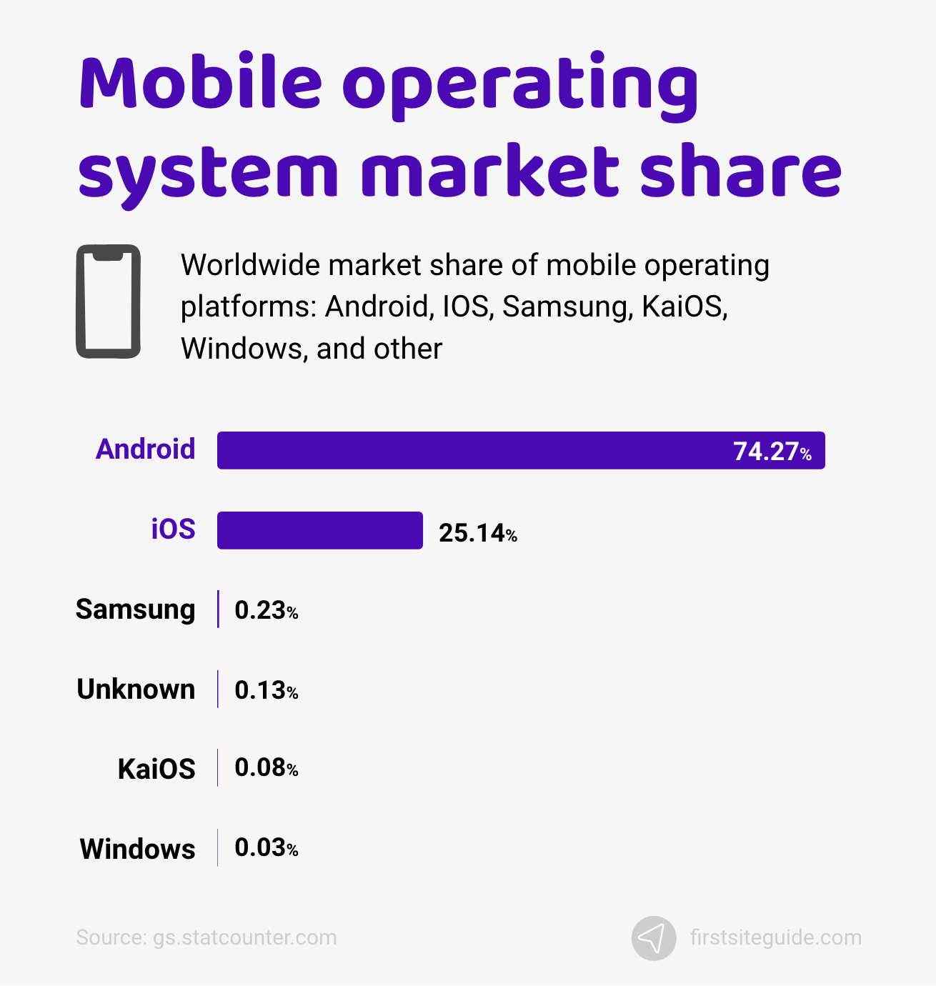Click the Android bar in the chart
click(472, 451)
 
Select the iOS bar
click(319, 531)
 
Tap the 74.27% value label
click(772, 452)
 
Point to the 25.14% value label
click(477, 533)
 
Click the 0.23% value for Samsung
click(266, 610)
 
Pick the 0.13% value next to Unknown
click(266, 690)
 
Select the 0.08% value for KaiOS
click(266, 767)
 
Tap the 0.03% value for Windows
click(266, 847)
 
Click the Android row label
click(146, 449)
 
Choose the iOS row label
click(173, 529)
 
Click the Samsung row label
click(136, 609)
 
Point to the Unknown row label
click(136, 689)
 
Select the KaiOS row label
click(156, 770)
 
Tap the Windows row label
click(137, 850)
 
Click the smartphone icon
click(109, 302)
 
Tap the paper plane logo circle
click(653, 938)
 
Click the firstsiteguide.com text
click(776, 937)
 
